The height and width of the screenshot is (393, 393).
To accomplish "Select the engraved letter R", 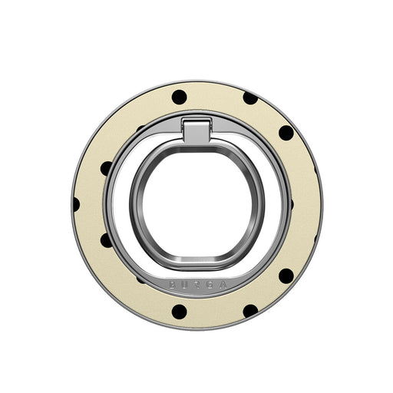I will [x=196, y=285].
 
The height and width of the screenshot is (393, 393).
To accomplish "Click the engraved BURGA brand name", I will [x=196, y=284].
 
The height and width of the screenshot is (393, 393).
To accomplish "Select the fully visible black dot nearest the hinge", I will [x=179, y=97].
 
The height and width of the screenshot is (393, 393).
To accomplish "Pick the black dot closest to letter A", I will [x=250, y=310].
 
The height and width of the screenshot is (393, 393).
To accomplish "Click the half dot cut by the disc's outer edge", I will [x=75, y=203].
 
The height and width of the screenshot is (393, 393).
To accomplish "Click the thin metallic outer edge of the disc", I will [x=321, y=203].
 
